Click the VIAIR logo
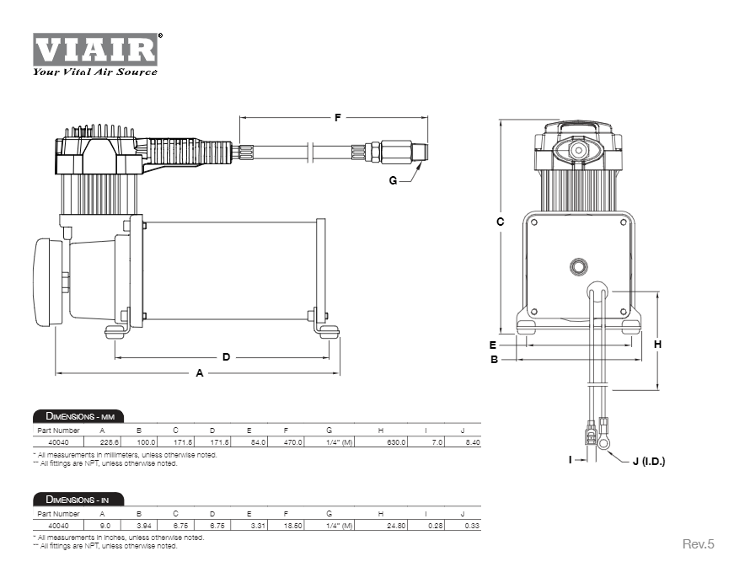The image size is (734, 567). click(95, 52)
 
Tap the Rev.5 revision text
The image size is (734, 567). click(697, 544)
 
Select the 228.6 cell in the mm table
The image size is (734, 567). click(110, 441)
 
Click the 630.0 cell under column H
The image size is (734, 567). click(396, 441)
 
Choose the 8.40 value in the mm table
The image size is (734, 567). click(472, 441)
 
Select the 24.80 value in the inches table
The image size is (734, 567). click(396, 524)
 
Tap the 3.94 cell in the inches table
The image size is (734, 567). click(143, 524)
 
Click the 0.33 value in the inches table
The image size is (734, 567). click(472, 524)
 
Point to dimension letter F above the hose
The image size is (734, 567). click(337, 118)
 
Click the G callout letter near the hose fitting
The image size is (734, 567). click(393, 179)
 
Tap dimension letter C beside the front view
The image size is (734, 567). click(500, 222)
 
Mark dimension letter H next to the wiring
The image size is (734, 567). click(657, 344)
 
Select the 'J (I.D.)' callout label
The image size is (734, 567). click(648, 461)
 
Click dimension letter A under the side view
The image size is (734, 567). click(200, 372)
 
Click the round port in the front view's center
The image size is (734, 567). click(578, 266)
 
